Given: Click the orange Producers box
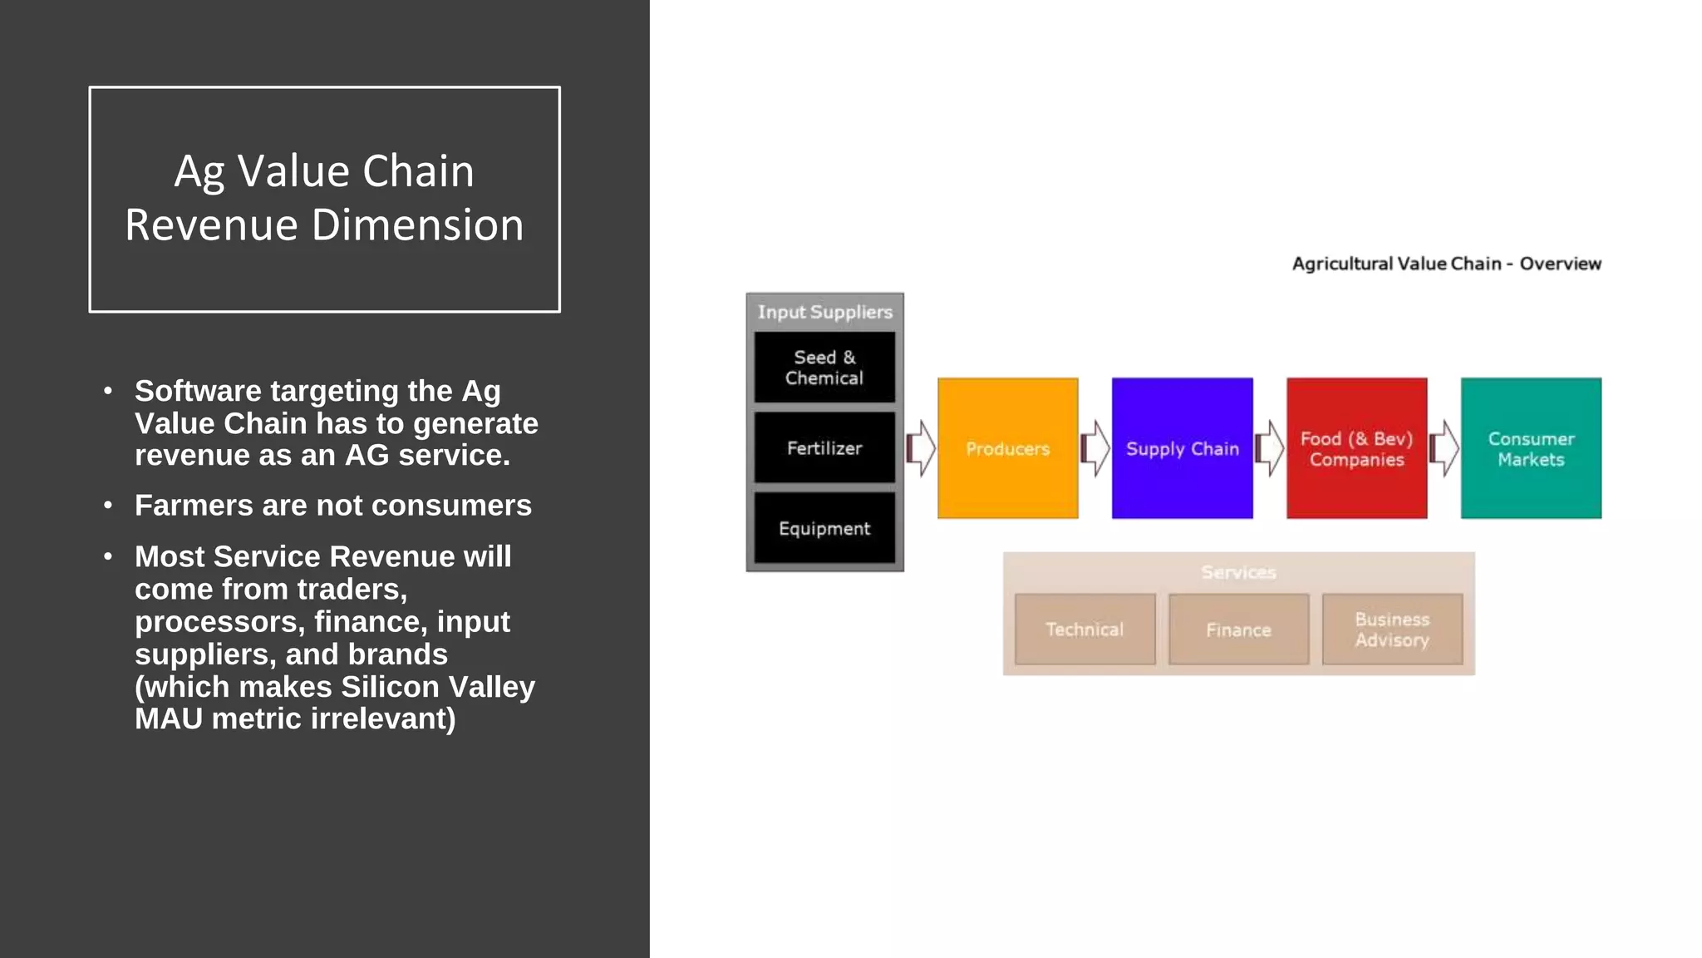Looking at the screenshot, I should pyautogui.click(x=1007, y=448).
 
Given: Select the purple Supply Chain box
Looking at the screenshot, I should pyautogui.click(x=1182, y=448).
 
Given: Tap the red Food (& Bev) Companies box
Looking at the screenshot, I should pyautogui.click(x=1356, y=448).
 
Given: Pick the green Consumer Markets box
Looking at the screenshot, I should pyautogui.click(x=1531, y=448).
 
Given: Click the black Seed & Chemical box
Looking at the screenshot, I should pyautogui.click(x=824, y=368).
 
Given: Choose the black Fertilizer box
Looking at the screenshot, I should pyautogui.click(x=824, y=448).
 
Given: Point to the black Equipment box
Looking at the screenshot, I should pyautogui.click(x=824, y=529).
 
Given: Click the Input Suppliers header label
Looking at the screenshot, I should pyautogui.click(x=824, y=312).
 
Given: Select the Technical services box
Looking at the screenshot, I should pyautogui.click(x=1085, y=630).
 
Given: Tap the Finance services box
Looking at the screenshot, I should pyautogui.click(x=1238, y=630).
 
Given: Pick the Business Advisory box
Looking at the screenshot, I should pyautogui.click(x=1392, y=630).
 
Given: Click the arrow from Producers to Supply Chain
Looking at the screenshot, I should pyautogui.click(x=1095, y=448).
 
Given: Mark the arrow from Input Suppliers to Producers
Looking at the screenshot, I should pyautogui.click(x=921, y=448).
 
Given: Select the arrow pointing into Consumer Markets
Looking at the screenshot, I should pyautogui.click(x=1444, y=448).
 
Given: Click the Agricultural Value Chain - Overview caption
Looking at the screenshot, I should pyautogui.click(x=1446, y=264).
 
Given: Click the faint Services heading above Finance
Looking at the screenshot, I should pyautogui.click(x=1238, y=572).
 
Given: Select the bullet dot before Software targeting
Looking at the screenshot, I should pyautogui.click(x=108, y=391).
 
